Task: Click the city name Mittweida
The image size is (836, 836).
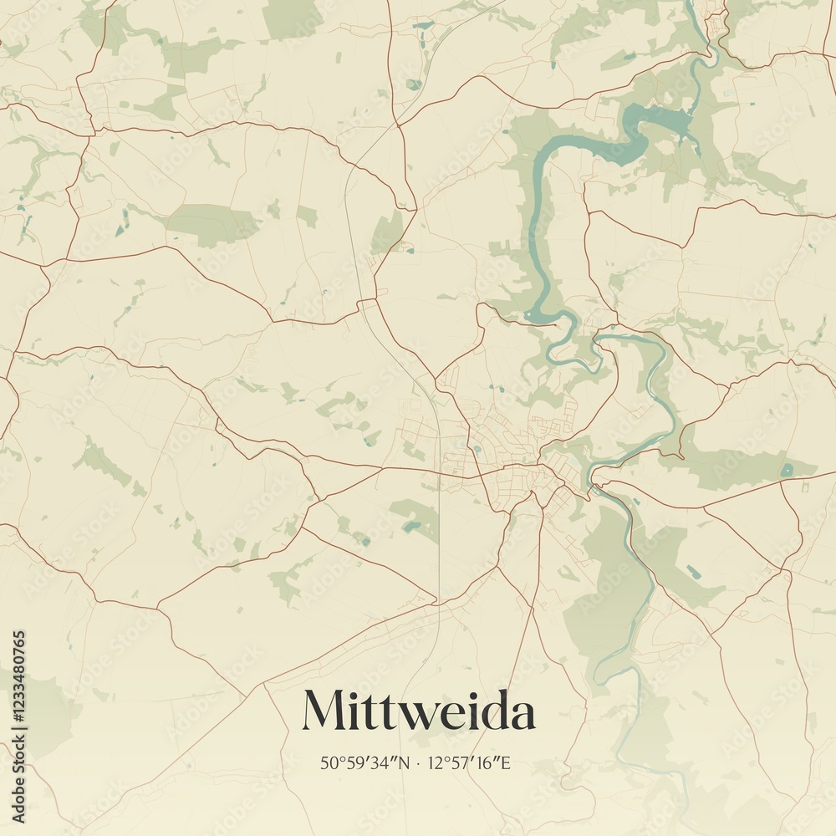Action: point(418,711)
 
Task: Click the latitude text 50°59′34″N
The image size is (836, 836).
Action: point(365,762)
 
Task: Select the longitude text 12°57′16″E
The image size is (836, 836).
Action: point(469,762)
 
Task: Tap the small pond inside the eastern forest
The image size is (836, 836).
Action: point(787,470)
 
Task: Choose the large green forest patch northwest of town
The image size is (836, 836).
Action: point(213,223)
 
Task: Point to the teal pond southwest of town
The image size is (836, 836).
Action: point(410,527)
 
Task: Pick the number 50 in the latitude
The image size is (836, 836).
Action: point(327,762)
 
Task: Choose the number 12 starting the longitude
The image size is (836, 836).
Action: point(434,762)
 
